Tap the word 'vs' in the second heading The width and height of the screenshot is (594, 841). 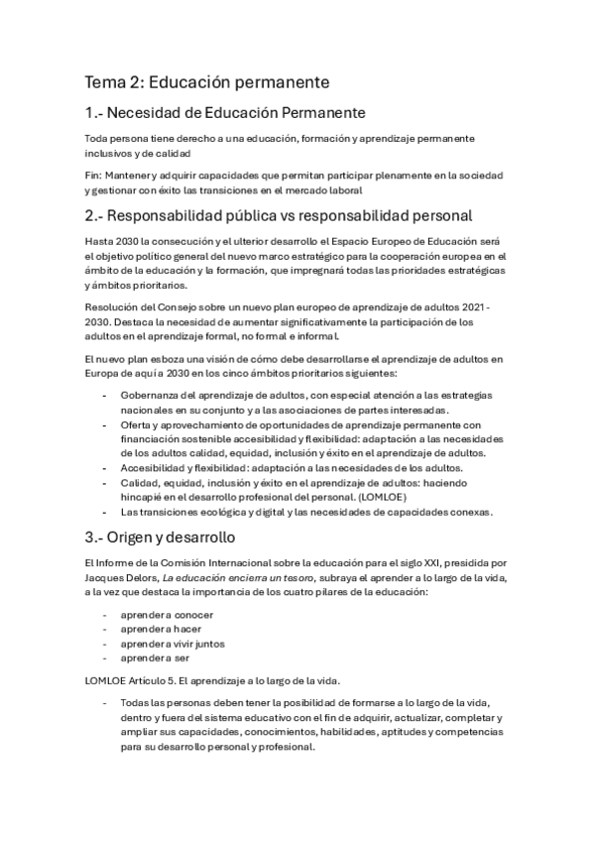click(311, 215)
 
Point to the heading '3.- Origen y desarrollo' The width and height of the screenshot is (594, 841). click(159, 538)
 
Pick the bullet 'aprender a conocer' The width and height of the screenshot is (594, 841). click(161, 615)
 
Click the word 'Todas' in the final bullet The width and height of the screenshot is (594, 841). click(135, 703)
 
